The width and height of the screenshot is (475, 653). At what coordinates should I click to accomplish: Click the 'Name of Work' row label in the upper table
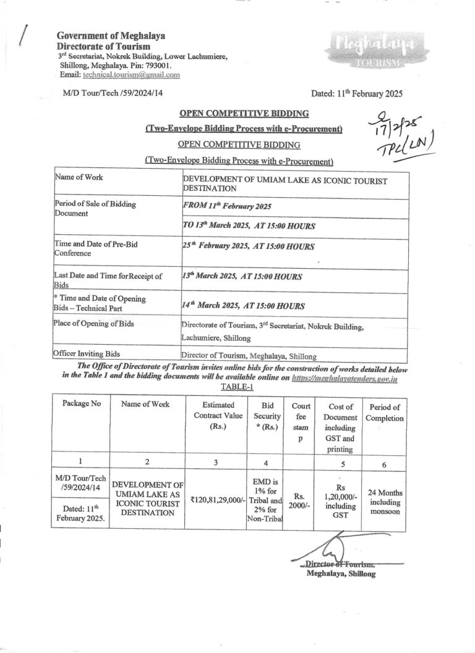point(79,178)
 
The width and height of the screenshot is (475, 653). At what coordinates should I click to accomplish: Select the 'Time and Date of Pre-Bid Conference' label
point(96,248)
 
